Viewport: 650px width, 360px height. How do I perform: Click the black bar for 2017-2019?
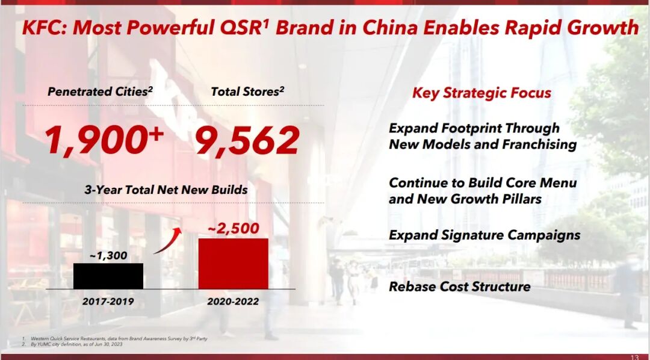108,276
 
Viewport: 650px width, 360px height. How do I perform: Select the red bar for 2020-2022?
234,263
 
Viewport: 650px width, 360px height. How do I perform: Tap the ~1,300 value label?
108,255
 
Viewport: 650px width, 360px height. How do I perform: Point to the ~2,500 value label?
233,228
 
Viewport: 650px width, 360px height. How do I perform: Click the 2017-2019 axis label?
108,301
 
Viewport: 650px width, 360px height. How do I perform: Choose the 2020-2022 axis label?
233,301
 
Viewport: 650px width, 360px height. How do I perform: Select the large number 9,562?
247,141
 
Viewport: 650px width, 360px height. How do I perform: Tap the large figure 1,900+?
104,140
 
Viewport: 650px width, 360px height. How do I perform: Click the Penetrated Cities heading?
101,92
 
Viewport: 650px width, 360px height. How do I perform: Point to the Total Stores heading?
247,92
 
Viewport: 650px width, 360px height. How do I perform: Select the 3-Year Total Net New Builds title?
166,190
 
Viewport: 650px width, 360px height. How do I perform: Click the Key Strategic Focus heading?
481,93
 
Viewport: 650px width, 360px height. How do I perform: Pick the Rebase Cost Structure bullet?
460,287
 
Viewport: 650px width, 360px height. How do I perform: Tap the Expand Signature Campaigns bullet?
484,235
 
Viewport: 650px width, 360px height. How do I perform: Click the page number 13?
635,357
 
